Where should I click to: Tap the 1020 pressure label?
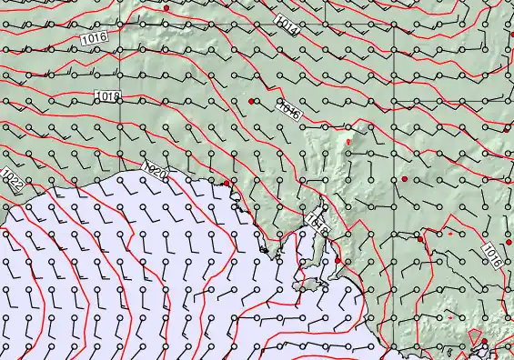156,169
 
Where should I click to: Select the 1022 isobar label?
14,181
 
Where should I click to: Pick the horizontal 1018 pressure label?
107,95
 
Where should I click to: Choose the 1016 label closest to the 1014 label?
289,110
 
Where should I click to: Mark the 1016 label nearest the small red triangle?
491,254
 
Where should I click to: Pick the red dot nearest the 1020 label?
227,184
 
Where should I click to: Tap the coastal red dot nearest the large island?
338,261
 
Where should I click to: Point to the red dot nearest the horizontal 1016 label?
166,7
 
